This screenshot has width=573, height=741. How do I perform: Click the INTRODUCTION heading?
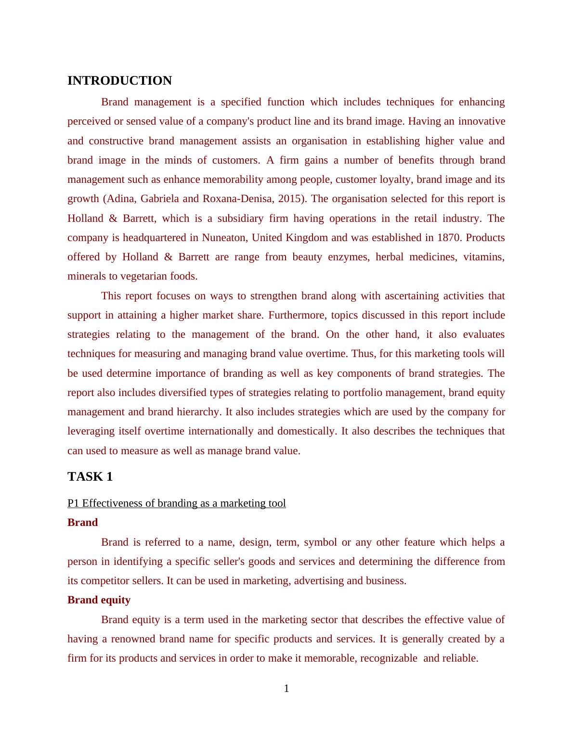tap(119, 81)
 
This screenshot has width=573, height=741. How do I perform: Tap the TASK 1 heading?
tap(90, 477)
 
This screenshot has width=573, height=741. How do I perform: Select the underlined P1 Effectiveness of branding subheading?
tap(176, 503)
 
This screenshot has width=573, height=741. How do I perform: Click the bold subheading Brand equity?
tap(99, 600)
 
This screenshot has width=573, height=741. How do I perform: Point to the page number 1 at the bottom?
tap(286, 689)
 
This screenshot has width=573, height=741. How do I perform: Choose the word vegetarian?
tap(143, 276)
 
